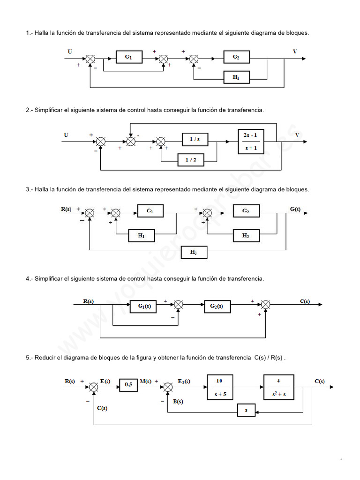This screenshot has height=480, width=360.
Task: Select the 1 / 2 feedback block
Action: click(191, 160)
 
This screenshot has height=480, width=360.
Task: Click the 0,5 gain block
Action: click(128, 385)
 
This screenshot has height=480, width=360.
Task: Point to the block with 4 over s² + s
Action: click(278, 387)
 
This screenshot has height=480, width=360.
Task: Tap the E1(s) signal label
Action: click(184, 381)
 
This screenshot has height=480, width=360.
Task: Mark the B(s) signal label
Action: click(178, 401)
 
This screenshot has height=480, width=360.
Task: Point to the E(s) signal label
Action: click(105, 381)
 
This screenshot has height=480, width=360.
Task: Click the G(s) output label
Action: click(295, 209)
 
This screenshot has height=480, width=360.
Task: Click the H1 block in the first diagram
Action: click(236, 77)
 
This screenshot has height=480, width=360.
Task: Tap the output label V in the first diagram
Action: click(295, 52)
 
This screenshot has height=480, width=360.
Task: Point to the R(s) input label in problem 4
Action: click(88, 301)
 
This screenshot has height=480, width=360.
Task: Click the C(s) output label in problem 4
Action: click(305, 301)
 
